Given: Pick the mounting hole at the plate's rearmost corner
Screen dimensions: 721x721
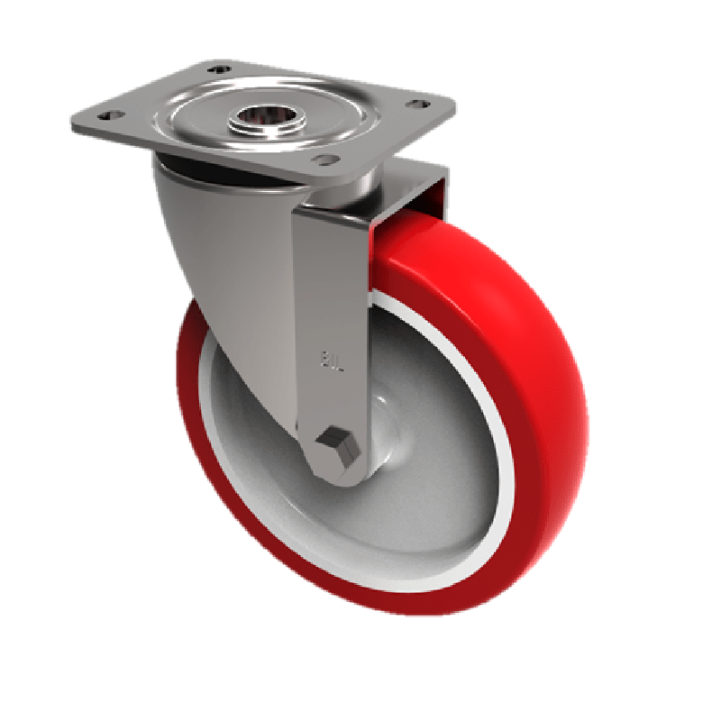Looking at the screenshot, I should pyautogui.click(x=216, y=69).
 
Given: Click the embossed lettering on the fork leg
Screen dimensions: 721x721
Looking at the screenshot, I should pyautogui.click(x=330, y=360).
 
